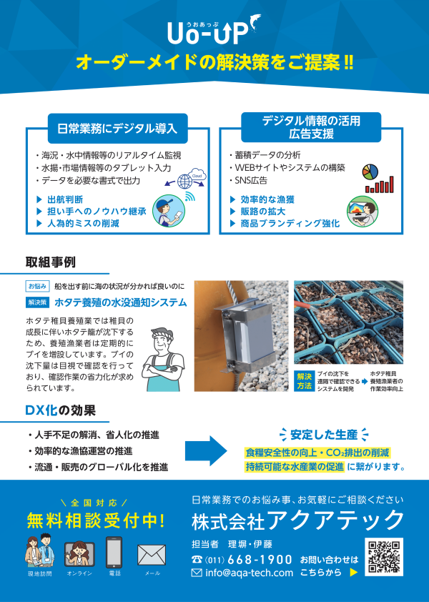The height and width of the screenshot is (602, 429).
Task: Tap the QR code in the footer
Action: pyautogui.click(x=384, y=557)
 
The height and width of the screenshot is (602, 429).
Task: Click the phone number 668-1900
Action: pyautogui.click(x=260, y=559)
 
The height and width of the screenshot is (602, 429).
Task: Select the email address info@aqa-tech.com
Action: pyautogui.click(x=250, y=573)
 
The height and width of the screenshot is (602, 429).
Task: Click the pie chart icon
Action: pyautogui.click(x=370, y=172)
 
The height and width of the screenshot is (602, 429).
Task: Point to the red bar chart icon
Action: pyautogui.click(x=380, y=184)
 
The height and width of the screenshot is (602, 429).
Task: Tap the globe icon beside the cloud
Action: pyautogui.click(x=184, y=181)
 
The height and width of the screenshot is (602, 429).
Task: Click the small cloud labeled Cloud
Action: pyautogui.click(x=197, y=175)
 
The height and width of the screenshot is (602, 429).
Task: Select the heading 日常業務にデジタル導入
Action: pyautogui.click(x=117, y=128)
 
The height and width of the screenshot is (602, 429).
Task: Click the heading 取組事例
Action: pyautogui.click(x=51, y=262)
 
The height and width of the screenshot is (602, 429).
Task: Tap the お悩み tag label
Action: pyautogui.click(x=37, y=286)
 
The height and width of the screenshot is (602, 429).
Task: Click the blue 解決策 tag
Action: pyautogui.click(x=37, y=302)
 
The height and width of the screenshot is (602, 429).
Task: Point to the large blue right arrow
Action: pyautogui.click(x=206, y=450)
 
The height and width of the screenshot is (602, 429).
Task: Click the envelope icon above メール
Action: pyautogui.click(x=152, y=555)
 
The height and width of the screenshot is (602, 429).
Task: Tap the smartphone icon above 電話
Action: pyautogui.click(x=114, y=553)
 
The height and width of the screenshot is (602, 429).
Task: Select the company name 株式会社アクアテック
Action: pyautogui.click(x=297, y=520)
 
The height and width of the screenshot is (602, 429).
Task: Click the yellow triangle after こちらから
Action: pyautogui.click(x=354, y=573)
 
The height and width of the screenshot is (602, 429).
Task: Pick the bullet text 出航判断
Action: pyautogui.click(x=65, y=199)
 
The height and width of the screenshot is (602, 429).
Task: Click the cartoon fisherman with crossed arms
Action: pyautogui.click(x=163, y=360)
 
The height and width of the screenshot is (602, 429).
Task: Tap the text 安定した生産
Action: pyautogui.click(x=324, y=435)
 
